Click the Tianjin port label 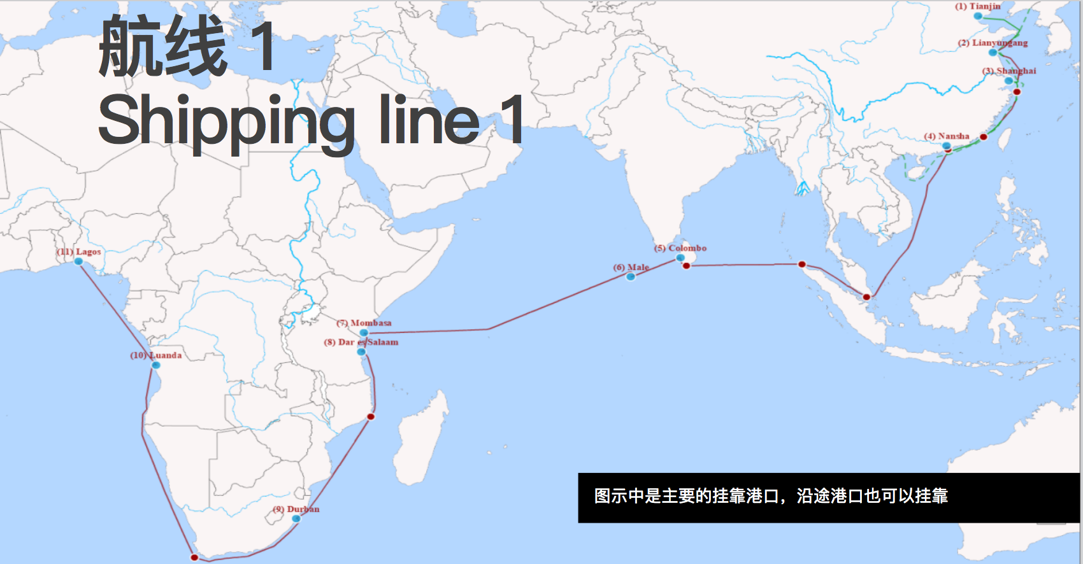click(978, 6)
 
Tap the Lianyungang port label click(993, 43)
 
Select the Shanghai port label click(1009, 71)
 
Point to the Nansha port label click(947, 136)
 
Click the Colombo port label click(680, 248)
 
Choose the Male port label click(631, 267)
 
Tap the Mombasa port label click(364, 323)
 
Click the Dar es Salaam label click(361, 342)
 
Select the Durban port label click(296, 509)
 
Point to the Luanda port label click(156, 355)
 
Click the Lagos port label click(79, 252)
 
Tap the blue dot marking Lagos click(79, 262)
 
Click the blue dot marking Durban click(296, 519)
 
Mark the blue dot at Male click(631, 277)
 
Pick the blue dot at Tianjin click(978, 16)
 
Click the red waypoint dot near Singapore click(866, 297)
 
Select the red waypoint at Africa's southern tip click(194, 558)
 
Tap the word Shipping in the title click(226, 121)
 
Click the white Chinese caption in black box click(771, 496)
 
